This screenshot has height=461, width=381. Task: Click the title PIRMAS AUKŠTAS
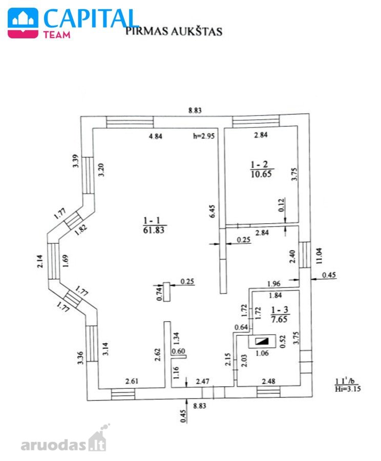click(174, 31)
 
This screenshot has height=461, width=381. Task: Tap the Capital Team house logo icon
click(23, 23)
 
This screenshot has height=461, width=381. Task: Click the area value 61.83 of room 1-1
click(154, 230)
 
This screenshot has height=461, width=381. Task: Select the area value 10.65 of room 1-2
click(261, 174)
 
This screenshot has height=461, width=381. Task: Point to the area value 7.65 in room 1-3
click(279, 319)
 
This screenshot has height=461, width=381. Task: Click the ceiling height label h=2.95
click(204, 136)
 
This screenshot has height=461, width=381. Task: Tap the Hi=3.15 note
click(348, 389)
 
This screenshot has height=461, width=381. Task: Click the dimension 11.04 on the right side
click(319, 256)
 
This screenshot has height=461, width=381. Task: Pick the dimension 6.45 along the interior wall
click(212, 212)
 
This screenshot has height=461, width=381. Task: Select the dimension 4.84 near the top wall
click(156, 136)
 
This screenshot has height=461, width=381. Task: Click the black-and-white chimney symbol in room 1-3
click(262, 341)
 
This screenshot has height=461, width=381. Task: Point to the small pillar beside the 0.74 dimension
click(167, 291)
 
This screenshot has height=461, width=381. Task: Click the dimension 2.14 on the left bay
click(40, 261)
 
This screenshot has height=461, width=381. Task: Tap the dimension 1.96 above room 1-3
click(273, 284)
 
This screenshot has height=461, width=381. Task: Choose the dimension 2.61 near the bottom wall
click(132, 381)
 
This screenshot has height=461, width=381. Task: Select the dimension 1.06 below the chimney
click(262, 353)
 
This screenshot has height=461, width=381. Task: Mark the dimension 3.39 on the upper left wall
click(76, 161)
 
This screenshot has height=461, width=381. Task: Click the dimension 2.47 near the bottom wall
click(203, 381)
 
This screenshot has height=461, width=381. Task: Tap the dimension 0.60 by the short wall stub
click(178, 351)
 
